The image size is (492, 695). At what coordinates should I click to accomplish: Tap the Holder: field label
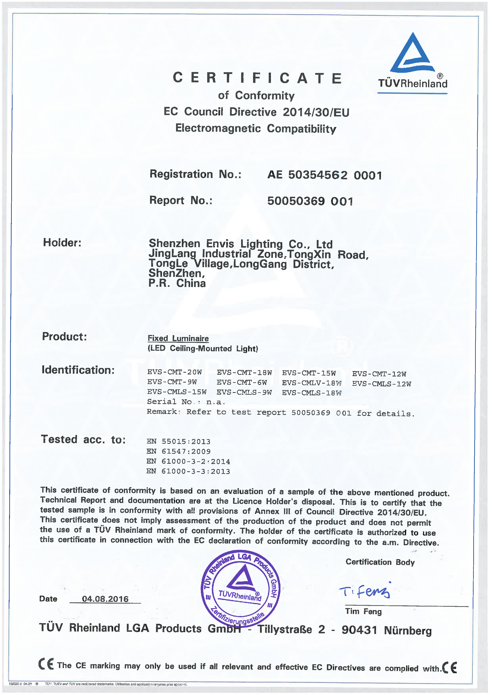pyautogui.click(x=62, y=242)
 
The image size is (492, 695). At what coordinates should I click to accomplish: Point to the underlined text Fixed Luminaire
pyautogui.click(x=178, y=338)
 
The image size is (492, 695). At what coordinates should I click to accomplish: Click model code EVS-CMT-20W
pyautogui.click(x=174, y=372)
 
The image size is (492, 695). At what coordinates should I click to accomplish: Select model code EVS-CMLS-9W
pyautogui.click(x=244, y=392)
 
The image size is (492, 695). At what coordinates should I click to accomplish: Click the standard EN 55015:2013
pyautogui.click(x=178, y=441)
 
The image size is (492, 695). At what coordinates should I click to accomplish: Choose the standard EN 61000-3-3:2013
pyautogui.click(x=188, y=471)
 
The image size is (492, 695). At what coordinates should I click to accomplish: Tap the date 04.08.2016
pyautogui.click(x=105, y=599)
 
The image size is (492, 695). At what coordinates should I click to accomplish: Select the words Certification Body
pyautogui.click(x=380, y=562)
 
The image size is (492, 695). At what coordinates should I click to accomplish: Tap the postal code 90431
pyautogui.click(x=359, y=630)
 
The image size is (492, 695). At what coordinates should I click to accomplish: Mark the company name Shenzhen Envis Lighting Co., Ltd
pyautogui.click(x=241, y=244)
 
